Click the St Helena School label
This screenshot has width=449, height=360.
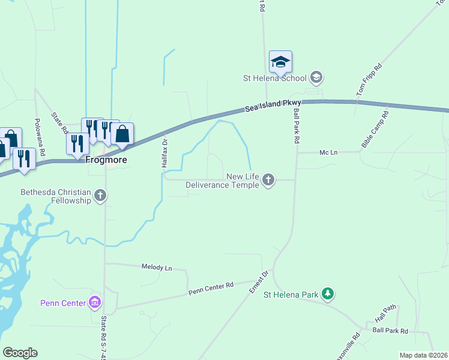[x=274, y=77]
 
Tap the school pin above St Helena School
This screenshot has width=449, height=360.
[x=280, y=62]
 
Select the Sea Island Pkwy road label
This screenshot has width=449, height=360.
[x=273, y=106]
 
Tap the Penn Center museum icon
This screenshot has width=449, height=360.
[x=95, y=302]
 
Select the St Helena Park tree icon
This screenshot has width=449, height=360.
[x=327, y=294]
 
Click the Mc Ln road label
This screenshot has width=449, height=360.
[x=329, y=152]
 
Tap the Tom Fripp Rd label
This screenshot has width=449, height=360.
[x=369, y=80]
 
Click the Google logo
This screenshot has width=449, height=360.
[x=20, y=352]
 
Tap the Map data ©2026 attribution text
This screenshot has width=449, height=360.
[x=423, y=355]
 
